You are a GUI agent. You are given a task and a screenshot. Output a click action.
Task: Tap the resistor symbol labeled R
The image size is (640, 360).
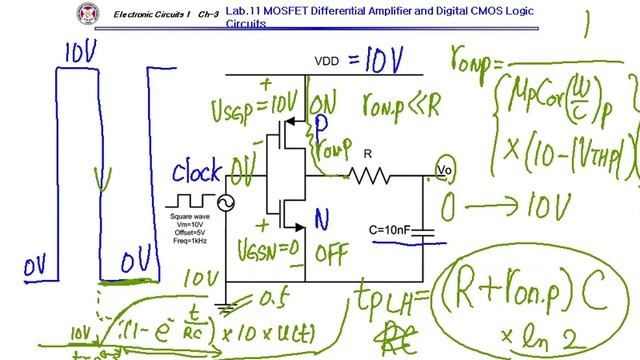[367, 176]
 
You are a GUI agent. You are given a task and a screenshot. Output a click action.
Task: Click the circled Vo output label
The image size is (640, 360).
[445, 171]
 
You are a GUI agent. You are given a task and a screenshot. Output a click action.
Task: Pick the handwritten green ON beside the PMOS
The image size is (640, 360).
[323, 102]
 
